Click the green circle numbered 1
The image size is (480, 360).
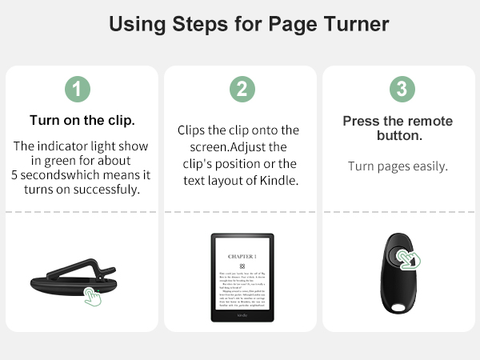tap(77, 90)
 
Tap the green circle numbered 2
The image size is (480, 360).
tap(242, 90)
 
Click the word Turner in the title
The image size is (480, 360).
tap(350, 24)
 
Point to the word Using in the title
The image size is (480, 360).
tap(137, 24)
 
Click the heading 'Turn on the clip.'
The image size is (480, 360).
tap(82, 121)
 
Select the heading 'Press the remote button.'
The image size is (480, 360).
tap(398, 128)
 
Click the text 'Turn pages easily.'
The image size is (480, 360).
tap(398, 166)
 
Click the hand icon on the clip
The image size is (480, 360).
tap(95, 297)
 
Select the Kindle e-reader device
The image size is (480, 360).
tap(242, 277)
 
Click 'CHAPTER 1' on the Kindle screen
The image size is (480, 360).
tap(242, 254)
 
